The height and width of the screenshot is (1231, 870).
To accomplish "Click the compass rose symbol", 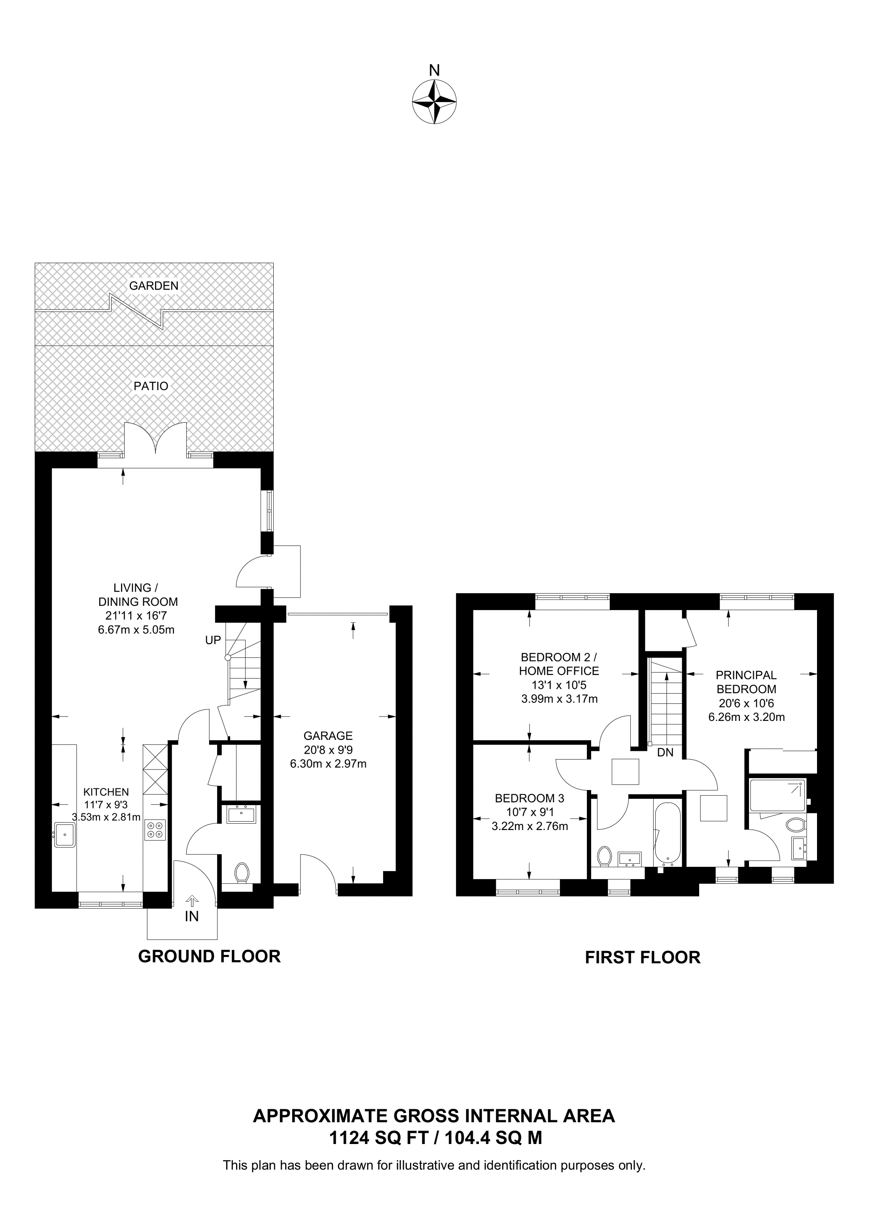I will (434, 102).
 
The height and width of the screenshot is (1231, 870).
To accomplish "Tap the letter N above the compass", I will (434, 70).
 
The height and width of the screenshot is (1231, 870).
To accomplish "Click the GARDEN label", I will (153, 286).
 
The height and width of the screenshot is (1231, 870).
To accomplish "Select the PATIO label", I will (151, 386).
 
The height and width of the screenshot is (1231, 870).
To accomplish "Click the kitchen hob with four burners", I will (155, 830).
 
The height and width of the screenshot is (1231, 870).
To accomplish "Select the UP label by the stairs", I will (213, 640).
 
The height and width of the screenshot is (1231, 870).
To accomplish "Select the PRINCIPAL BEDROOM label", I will (746, 682).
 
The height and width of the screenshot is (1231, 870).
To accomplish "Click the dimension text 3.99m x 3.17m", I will (559, 699).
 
